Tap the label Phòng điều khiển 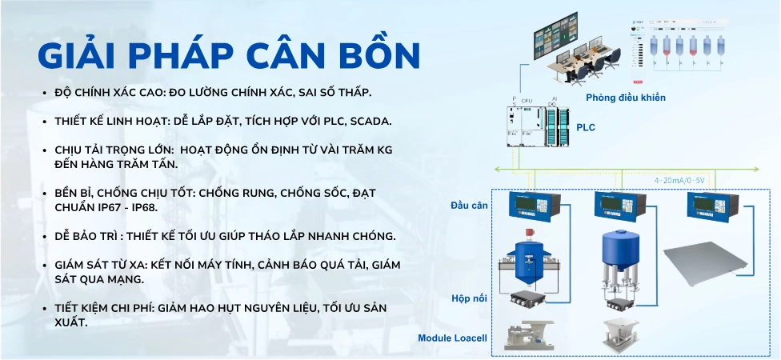coord(625,98)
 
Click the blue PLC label coord(586,127)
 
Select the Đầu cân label coord(469,206)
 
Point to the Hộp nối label coord(470,298)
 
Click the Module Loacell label coord(452,338)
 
